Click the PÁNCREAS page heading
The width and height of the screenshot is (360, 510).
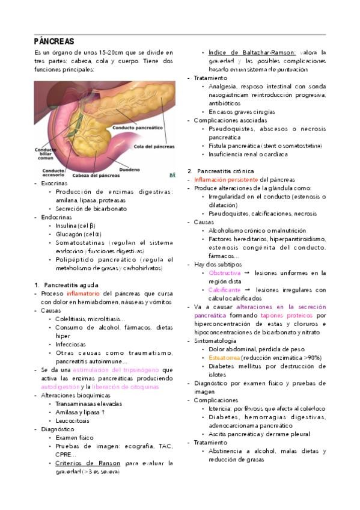click(x=53, y=41)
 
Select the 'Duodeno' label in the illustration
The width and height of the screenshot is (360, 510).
click(x=133, y=169)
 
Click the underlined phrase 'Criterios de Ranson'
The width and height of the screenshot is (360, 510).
click(x=88, y=463)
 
